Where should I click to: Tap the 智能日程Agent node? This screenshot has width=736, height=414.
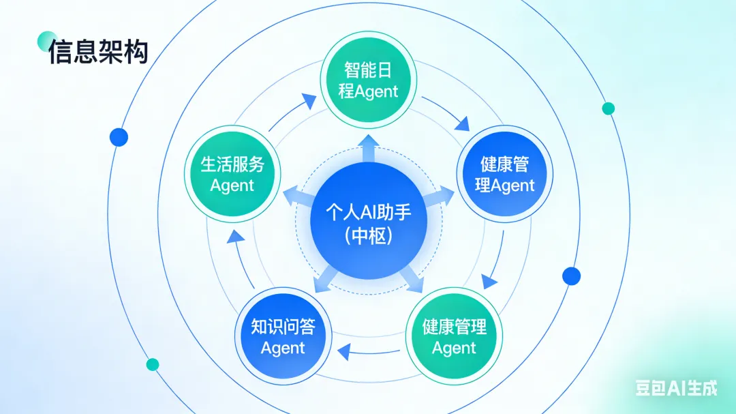point(369,80)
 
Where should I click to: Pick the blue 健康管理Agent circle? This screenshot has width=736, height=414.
point(504,174)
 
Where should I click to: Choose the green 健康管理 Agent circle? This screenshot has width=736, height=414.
point(454,337)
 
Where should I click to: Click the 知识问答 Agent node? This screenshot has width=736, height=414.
point(283,337)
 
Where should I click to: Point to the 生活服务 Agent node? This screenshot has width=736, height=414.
point(232,174)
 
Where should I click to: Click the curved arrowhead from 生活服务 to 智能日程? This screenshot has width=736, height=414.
point(309,102)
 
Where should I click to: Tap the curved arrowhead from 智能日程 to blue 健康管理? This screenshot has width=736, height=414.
point(463,125)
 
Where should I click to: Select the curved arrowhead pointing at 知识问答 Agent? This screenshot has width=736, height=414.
point(343,351)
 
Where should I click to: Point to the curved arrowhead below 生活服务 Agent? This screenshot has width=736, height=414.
point(235,237)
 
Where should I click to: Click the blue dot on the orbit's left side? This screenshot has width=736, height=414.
point(119,137)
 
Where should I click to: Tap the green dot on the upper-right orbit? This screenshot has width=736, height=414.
point(609,108)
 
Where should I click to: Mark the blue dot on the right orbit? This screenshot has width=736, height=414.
point(571,276)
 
